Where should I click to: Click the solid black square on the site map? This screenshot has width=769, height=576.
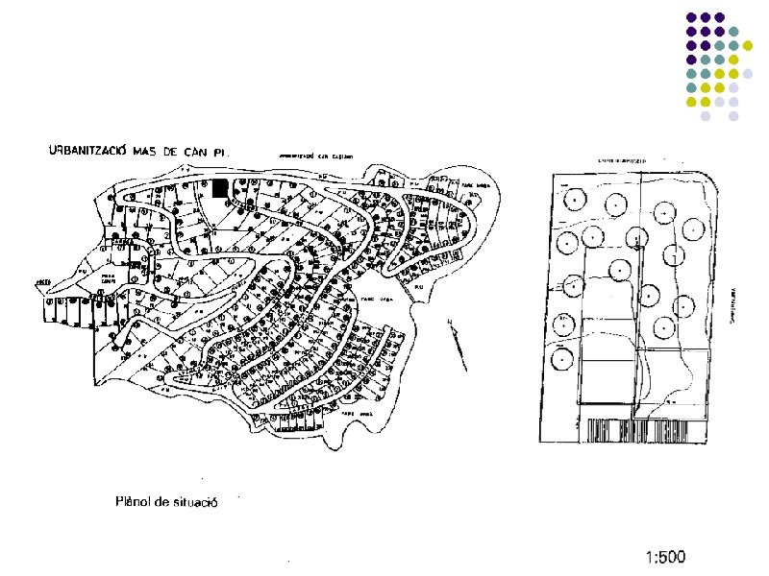[220, 188]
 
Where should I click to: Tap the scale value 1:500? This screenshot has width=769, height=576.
[665, 557]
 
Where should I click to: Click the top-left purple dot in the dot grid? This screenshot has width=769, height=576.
[690, 17]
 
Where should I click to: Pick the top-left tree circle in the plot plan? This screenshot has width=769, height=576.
[575, 199]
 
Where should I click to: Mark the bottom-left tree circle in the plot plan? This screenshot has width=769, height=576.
[561, 360]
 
